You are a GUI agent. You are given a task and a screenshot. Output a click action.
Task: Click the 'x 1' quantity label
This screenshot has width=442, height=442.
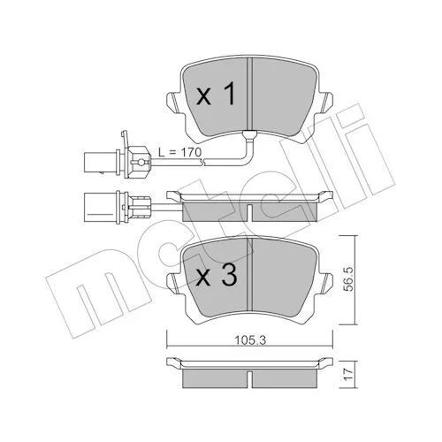[x=216, y=94]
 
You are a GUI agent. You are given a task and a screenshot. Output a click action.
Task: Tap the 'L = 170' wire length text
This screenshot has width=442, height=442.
[x=179, y=152]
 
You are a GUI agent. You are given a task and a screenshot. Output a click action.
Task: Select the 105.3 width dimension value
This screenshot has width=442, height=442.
[x=250, y=340]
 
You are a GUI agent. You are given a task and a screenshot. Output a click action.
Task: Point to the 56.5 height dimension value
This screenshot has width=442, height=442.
[x=349, y=279]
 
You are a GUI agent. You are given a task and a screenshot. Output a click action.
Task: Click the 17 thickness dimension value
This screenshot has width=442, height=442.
[x=348, y=375]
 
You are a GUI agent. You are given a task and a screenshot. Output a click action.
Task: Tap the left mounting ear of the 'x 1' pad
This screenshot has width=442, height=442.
[x=174, y=103]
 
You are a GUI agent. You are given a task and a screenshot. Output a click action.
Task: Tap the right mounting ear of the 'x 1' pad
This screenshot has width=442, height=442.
[x=325, y=103]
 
